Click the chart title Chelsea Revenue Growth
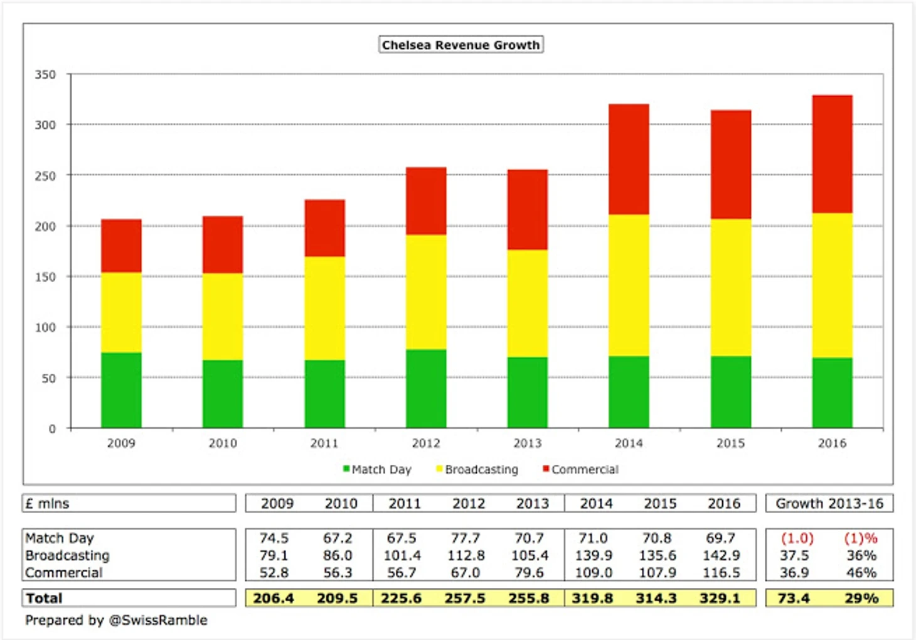coord(461,45)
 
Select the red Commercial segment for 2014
coord(629,160)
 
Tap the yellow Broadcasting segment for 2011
coord(324,308)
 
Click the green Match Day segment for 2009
coord(121,390)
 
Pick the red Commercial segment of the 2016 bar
coord(832,154)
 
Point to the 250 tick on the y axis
coord(45,176)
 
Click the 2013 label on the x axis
coord(527,443)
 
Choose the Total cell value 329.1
coord(720,598)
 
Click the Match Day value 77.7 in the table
coord(465,538)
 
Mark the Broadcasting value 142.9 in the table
coord(721,556)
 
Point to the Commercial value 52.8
coord(274,573)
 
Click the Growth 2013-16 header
coord(829,504)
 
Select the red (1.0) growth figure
coord(797,538)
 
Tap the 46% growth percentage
coord(861,573)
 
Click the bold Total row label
coord(44,598)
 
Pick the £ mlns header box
coord(129,504)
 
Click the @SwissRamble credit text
coord(158,621)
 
